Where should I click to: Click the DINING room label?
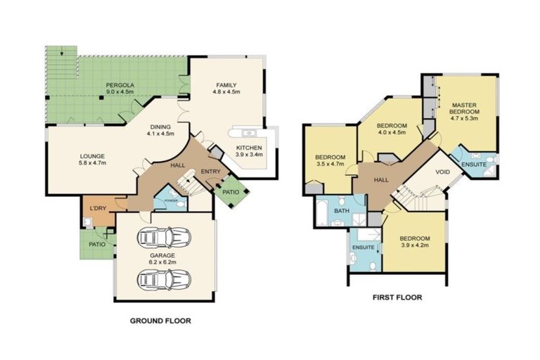[x=160, y=126]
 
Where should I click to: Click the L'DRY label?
[x=96, y=208]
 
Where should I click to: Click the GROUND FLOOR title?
[x=160, y=321]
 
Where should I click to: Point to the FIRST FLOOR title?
[x=397, y=297]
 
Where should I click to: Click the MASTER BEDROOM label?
[x=465, y=108]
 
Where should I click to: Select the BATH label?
[x=342, y=210]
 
